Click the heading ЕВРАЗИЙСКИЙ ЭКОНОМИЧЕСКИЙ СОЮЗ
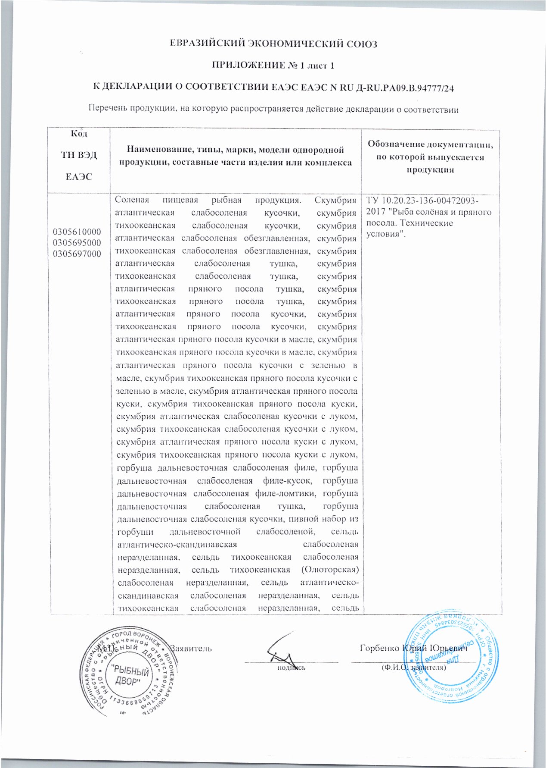[273, 44]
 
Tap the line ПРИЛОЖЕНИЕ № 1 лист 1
[273, 66]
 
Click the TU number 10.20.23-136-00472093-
[431, 201]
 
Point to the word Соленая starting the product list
[132, 201]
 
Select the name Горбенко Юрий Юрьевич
[413, 648]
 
